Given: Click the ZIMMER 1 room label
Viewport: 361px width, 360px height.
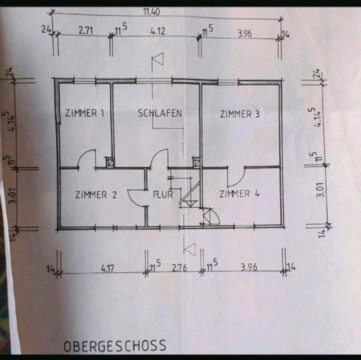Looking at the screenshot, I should [85, 113].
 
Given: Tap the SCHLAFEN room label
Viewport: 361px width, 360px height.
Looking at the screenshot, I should [159, 113].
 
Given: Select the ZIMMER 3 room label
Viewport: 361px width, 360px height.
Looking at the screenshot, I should [240, 114].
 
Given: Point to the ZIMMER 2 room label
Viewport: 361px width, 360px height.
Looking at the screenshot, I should [96, 195].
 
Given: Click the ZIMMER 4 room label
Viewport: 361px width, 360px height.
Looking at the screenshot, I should [240, 194].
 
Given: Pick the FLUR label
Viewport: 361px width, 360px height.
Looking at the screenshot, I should [162, 194].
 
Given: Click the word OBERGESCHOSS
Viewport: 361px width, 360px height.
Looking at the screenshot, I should [115, 346].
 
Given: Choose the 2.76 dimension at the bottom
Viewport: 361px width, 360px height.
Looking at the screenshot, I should [179, 268].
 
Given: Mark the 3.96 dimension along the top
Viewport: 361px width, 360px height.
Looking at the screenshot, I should [245, 34].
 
